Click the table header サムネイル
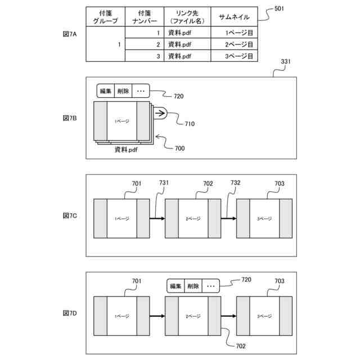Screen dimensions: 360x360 (233, 17)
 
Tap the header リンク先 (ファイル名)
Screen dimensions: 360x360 (186, 17)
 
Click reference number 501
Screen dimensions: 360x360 (279, 10)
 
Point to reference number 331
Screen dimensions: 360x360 (285, 61)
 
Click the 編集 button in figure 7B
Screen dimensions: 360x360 (105, 91)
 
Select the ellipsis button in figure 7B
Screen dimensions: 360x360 (141, 91)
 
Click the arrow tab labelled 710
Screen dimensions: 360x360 (159, 114)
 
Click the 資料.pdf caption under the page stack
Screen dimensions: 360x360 (126, 150)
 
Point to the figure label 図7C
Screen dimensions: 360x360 (69, 215)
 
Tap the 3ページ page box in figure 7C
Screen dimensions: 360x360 (264, 218)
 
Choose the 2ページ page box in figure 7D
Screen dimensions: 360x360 (193, 317)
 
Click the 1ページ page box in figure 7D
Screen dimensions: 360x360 (121, 317)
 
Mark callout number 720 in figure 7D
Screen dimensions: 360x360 (246, 280)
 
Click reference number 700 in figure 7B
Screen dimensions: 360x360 (179, 148)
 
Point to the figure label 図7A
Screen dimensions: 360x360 (69, 34)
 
